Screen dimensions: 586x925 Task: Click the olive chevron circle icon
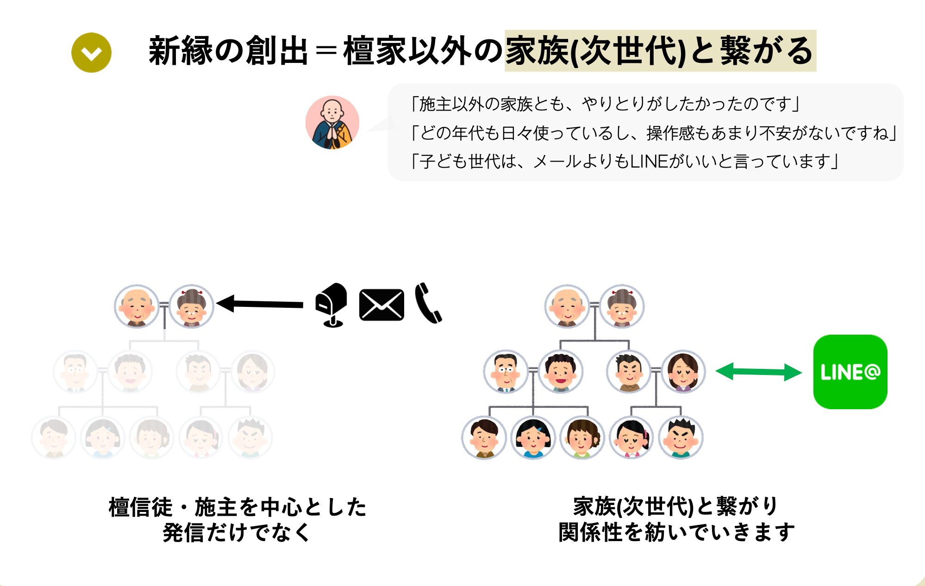pos(91,52)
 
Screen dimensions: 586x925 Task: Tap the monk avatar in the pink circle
pos(332,123)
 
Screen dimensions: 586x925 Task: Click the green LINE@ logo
pos(850,372)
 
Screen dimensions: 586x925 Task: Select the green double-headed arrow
pos(758,372)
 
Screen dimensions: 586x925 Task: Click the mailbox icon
pos(332,304)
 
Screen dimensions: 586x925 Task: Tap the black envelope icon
pos(381,305)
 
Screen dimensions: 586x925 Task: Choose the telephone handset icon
pos(428,303)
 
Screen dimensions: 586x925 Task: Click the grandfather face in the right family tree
pos(567,306)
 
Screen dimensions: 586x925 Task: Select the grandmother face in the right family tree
pos(622,306)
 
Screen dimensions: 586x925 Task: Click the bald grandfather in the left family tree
pos(137,306)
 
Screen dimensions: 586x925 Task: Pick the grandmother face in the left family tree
pos(191,306)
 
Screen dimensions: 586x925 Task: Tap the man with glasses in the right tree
pos(506,371)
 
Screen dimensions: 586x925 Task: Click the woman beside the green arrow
pos(683,371)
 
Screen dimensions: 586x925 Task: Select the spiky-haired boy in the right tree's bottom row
pos(681,437)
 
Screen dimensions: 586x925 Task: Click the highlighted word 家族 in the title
pos(537,51)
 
